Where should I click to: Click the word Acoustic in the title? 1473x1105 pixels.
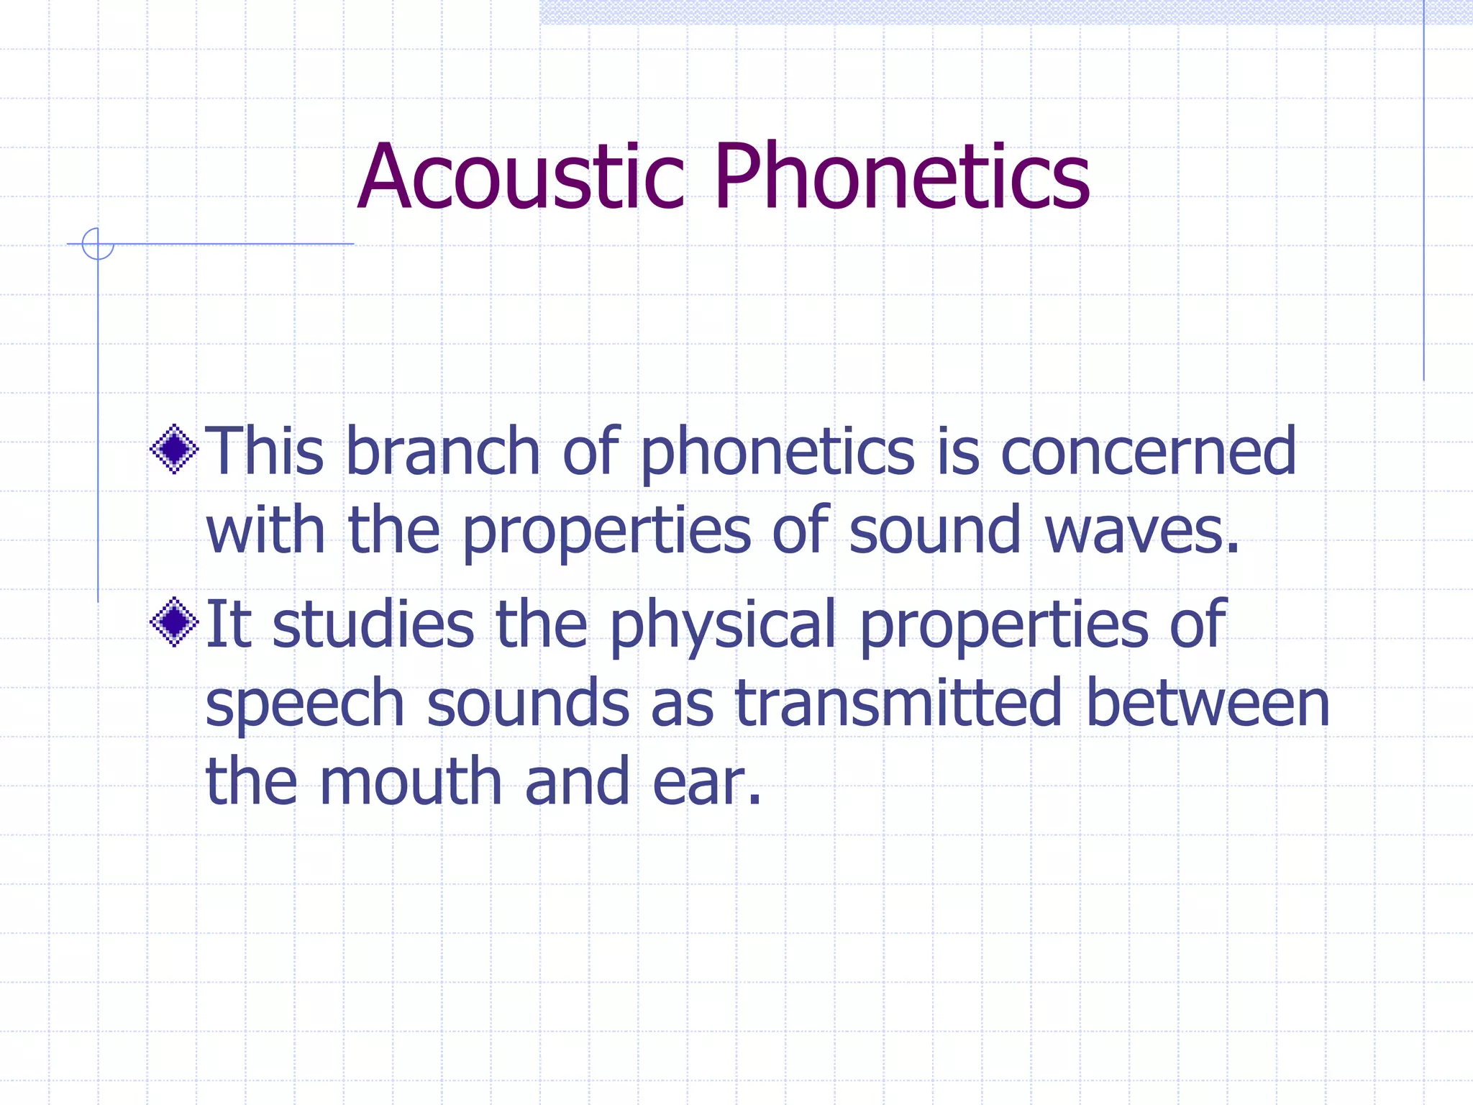coord(519,177)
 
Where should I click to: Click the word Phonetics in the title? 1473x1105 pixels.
coord(902,177)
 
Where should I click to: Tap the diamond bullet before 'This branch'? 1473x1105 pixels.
coord(174,450)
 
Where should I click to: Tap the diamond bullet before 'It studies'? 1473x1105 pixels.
coord(174,622)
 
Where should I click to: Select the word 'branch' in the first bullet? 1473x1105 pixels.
coord(442,451)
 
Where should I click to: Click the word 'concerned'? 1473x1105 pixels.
coord(1148,451)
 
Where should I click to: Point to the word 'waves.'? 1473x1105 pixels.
coord(1142,530)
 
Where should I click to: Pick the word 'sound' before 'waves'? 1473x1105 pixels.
coord(934,530)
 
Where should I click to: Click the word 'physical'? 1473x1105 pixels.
coord(723,624)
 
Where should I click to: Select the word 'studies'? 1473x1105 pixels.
coord(373,624)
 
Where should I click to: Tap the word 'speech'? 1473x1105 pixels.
coord(305,703)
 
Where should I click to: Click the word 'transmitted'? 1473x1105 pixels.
coord(898,703)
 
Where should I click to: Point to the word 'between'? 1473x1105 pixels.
coord(1208,703)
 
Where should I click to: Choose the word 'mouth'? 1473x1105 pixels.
coord(411,782)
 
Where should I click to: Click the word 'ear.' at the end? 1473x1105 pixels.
coord(706,782)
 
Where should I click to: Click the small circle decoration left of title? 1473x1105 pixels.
coord(98,244)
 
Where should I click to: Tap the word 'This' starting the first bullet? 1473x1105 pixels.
coord(265,451)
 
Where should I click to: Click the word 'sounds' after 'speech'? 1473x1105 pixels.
coord(528,703)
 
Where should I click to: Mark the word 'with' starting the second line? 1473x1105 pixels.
coord(265,530)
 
